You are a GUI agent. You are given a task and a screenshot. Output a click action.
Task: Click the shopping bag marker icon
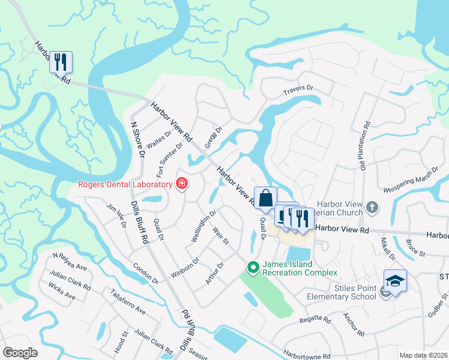pos(265,198)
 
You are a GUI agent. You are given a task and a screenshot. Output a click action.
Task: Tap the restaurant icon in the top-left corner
pos(61,62)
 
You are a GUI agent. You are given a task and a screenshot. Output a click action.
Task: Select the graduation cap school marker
pos(396,280)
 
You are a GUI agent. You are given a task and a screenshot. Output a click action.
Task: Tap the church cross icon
pos(372,207)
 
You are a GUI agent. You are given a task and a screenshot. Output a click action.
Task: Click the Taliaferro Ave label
pos(128,302)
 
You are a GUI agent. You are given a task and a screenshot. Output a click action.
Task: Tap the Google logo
pos(20,353)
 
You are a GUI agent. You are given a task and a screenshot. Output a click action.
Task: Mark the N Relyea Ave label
pos(70,261)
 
